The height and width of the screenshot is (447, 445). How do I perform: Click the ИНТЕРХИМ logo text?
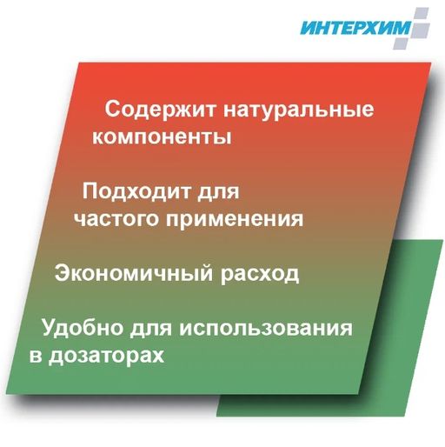pos(356,28)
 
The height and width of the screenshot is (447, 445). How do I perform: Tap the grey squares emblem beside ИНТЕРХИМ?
pos(421,26)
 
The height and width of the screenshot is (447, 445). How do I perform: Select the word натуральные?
pos(298,111)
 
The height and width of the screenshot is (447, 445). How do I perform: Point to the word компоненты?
pos(161,138)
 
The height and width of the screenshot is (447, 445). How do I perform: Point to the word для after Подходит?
pos(213,191)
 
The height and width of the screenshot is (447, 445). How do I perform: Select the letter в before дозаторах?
pos(36,356)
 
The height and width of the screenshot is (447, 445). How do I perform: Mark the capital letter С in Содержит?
pos(112,110)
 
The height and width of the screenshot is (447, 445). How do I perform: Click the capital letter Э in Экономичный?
pos(63,272)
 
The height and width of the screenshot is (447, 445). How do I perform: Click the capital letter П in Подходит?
pos(90,190)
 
